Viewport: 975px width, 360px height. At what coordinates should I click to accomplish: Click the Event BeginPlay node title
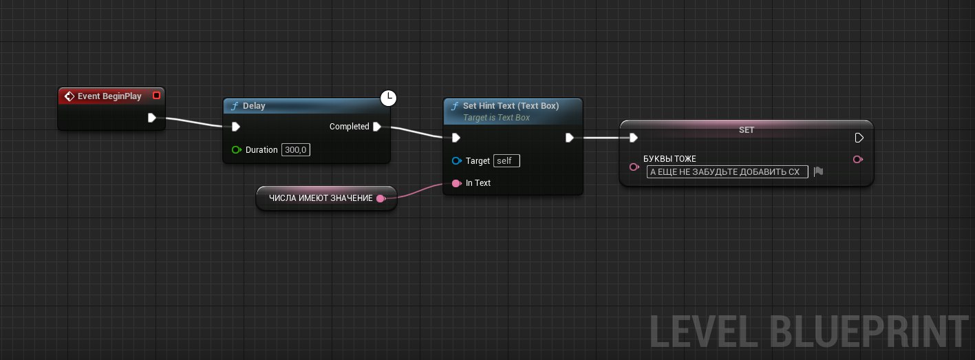coord(109,96)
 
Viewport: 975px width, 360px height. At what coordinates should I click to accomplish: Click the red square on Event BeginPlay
coord(157,95)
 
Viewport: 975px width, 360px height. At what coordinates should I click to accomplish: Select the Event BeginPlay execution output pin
coord(151,118)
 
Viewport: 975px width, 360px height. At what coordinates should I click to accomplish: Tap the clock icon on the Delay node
coord(388,98)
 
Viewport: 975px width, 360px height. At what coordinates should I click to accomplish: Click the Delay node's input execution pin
coord(235,127)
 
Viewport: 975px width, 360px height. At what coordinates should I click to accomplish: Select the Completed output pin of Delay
coord(377,127)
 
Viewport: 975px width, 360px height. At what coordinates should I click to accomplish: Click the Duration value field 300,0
coord(296,150)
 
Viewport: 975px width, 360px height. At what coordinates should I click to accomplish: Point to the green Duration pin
coord(236,150)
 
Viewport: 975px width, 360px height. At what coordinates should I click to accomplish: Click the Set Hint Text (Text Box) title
coord(511,106)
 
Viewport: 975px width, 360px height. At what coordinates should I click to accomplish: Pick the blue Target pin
coord(456,160)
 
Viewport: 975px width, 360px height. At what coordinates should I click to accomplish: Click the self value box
coord(506,160)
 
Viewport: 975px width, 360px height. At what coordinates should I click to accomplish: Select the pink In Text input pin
coord(456,183)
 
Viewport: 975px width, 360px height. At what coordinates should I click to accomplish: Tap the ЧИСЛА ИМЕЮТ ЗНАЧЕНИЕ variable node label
coord(321,198)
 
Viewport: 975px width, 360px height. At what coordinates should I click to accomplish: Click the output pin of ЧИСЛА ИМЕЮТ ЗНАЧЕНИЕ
coord(381,198)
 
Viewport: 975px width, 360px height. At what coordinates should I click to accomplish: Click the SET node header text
coord(746,129)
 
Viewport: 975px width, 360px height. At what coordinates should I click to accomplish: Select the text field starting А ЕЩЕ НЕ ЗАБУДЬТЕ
coord(727,171)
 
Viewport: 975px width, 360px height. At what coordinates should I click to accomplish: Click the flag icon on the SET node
coord(818,171)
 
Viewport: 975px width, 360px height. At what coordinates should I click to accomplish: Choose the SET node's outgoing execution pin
coord(859,138)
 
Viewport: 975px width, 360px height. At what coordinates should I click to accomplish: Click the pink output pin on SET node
coord(857,159)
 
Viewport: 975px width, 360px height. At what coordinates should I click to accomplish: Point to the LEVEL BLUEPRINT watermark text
coord(808,332)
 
